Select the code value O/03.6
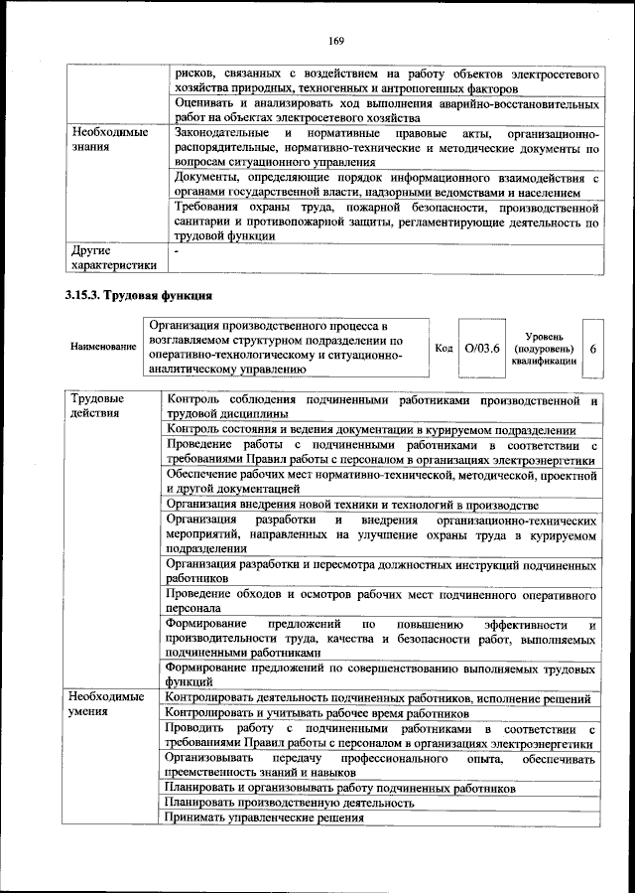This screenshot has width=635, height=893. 483,349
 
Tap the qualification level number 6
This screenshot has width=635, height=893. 592,350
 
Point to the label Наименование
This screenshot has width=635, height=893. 103,347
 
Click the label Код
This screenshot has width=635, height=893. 444,349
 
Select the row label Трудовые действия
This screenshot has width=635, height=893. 96,406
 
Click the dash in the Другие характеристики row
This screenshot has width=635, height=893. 176,251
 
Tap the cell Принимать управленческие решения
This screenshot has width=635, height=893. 265,818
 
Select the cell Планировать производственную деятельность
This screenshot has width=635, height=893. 290,802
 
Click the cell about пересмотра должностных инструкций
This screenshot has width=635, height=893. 381,569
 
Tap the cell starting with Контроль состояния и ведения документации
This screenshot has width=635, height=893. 371,430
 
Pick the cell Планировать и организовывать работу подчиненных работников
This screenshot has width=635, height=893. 341,787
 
